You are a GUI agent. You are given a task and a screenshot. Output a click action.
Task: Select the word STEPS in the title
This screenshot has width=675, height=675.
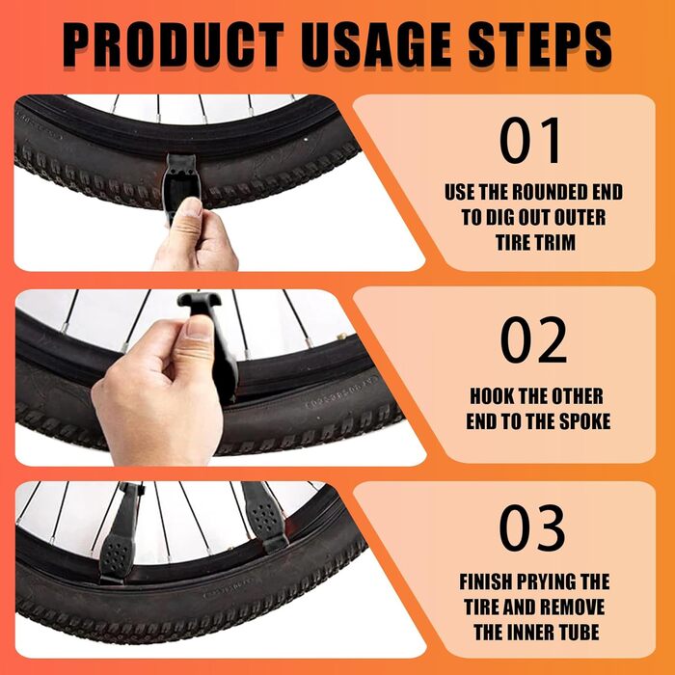[540, 44]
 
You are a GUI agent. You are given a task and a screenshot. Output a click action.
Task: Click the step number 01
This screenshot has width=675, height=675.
[530, 141]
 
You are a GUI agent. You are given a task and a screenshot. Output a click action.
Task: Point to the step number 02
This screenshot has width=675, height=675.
[533, 340]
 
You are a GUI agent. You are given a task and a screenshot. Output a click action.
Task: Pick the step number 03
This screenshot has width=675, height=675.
[532, 528]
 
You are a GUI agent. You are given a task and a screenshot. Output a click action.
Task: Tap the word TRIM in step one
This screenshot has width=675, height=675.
[554, 242]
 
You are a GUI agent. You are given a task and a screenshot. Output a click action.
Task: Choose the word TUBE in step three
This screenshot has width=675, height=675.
[579, 633]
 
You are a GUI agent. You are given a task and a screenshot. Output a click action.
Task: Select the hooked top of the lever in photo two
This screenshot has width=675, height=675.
[199, 300]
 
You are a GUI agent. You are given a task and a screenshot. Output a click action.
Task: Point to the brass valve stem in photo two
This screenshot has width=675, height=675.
[342, 336]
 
